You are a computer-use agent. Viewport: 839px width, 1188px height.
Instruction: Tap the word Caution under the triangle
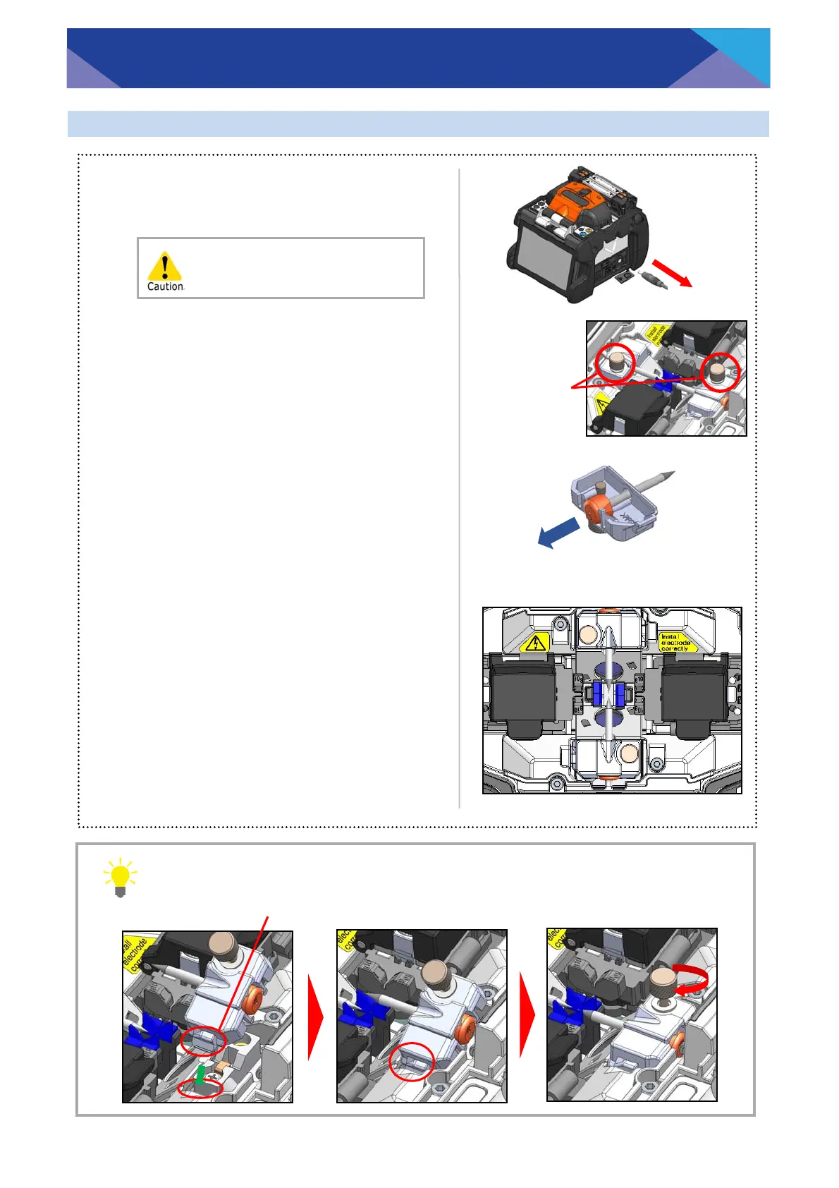165,286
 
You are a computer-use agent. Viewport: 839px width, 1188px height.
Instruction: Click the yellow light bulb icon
120,877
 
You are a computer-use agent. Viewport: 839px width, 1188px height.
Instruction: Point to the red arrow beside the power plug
671,272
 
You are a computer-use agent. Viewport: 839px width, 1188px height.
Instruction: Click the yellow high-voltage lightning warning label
537,643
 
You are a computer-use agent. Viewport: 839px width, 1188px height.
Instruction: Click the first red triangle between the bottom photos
315,1017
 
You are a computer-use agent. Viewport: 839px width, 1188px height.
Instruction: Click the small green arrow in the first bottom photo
201,1074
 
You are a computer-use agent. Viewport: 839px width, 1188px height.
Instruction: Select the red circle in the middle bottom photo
412,1060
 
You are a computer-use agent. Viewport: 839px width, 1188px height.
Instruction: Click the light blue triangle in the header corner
740,53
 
